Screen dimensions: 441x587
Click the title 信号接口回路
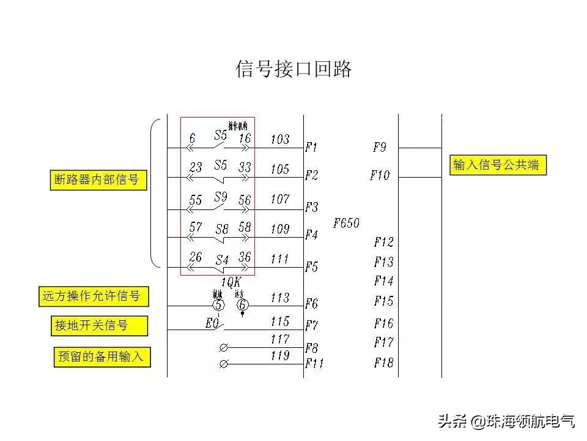click(x=293, y=69)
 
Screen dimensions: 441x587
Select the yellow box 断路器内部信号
click(x=97, y=180)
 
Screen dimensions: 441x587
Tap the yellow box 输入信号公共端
click(x=498, y=165)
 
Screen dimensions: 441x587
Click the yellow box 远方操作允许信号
click(x=92, y=297)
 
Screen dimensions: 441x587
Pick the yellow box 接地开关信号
click(x=98, y=325)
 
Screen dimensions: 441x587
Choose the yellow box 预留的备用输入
click(x=102, y=356)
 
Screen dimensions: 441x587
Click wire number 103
click(x=279, y=140)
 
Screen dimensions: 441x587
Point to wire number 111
click(x=279, y=258)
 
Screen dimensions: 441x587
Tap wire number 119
click(x=279, y=355)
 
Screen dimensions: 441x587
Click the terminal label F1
click(x=312, y=148)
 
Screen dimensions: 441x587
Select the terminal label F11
click(x=314, y=364)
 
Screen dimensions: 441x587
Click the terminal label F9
click(x=380, y=148)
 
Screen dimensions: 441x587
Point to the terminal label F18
click(x=383, y=363)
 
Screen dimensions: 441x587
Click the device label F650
click(x=346, y=224)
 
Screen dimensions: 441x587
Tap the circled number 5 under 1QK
click(x=219, y=304)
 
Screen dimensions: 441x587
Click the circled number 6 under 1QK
click(x=243, y=304)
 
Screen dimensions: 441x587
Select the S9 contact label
click(x=221, y=197)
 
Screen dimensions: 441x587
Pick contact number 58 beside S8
click(x=245, y=227)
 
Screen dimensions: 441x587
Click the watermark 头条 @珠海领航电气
click(x=505, y=421)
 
